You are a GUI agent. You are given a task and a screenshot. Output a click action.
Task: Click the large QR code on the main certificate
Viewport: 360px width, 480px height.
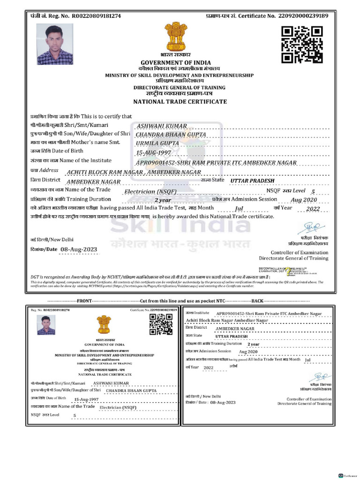click(x=302, y=45)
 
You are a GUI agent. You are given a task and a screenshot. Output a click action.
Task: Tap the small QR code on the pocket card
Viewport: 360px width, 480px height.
click(x=158, y=324)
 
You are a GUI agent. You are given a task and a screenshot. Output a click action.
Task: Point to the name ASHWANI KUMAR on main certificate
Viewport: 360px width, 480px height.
click(x=162, y=126)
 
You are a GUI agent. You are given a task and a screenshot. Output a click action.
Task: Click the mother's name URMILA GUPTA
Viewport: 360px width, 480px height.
click(x=157, y=142)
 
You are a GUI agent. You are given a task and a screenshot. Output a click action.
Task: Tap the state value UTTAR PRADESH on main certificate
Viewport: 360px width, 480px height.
click(x=253, y=180)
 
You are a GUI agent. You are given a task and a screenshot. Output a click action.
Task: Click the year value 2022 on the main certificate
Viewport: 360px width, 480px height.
click(x=312, y=209)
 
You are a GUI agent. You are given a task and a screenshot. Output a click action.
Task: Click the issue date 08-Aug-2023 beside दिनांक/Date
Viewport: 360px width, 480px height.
click(x=79, y=249)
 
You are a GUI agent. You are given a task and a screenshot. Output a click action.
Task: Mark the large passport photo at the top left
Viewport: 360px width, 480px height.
click(x=55, y=45)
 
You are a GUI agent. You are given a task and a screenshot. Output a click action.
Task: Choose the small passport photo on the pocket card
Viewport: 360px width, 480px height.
click(x=45, y=325)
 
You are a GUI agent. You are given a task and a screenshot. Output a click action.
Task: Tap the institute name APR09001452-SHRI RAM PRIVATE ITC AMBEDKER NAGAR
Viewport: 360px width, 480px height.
click(x=216, y=162)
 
